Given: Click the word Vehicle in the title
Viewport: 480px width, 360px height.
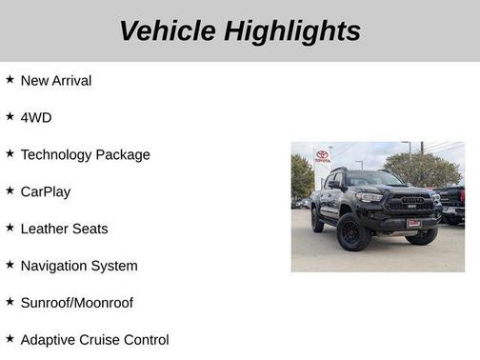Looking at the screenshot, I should pos(168,30).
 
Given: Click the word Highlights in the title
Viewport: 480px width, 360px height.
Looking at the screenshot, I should pos(293,30).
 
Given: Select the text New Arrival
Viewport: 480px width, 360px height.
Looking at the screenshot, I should pos(56,81).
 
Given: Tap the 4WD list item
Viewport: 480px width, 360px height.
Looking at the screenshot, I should pos(36,118).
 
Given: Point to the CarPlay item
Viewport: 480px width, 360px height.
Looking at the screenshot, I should pos(46,192).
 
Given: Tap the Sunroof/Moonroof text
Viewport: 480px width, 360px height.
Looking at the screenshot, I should pos(77,304).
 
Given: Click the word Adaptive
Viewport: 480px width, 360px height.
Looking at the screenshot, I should pos(50,340).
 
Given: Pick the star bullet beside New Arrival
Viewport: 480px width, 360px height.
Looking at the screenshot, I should pos(10,79).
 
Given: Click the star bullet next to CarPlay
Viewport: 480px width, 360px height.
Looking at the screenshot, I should pos(10,190).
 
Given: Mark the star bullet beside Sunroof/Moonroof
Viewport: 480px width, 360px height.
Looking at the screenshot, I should pos(10,302).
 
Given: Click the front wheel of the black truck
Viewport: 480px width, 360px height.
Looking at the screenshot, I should pos(353,231).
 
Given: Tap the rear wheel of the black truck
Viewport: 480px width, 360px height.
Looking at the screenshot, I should pos(317,221).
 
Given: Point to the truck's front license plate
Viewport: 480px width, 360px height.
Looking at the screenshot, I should pos(413,223).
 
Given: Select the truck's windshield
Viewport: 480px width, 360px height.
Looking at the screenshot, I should pos(375,179).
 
